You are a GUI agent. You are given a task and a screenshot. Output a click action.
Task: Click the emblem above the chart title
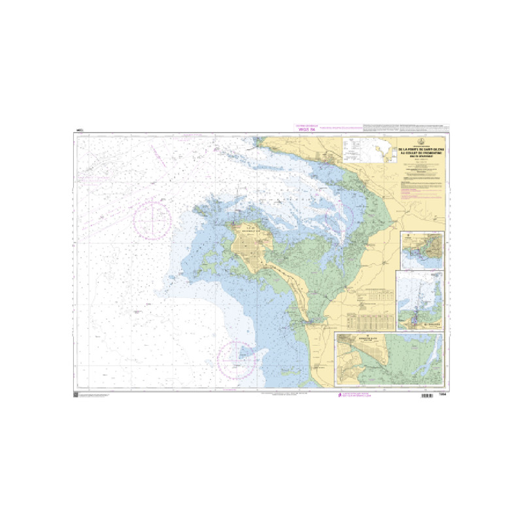click(x=422, y=143)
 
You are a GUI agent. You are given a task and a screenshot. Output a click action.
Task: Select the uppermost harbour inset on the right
click(x=422, y=250)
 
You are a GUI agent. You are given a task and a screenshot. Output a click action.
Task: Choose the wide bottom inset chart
click(x=388, y=361)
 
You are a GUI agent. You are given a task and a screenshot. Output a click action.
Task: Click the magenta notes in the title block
click(x=422, y=186)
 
